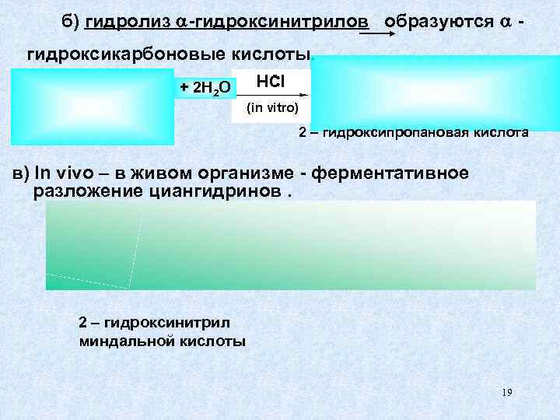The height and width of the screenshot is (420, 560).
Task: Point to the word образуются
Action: (436, 21)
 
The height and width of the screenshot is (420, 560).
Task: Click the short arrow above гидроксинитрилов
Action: (381, 33)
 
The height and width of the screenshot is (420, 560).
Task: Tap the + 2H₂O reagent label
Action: (205, 88)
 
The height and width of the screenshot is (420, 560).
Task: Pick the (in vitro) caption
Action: (272, 108)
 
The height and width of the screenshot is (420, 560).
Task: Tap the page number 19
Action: (506, 392)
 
